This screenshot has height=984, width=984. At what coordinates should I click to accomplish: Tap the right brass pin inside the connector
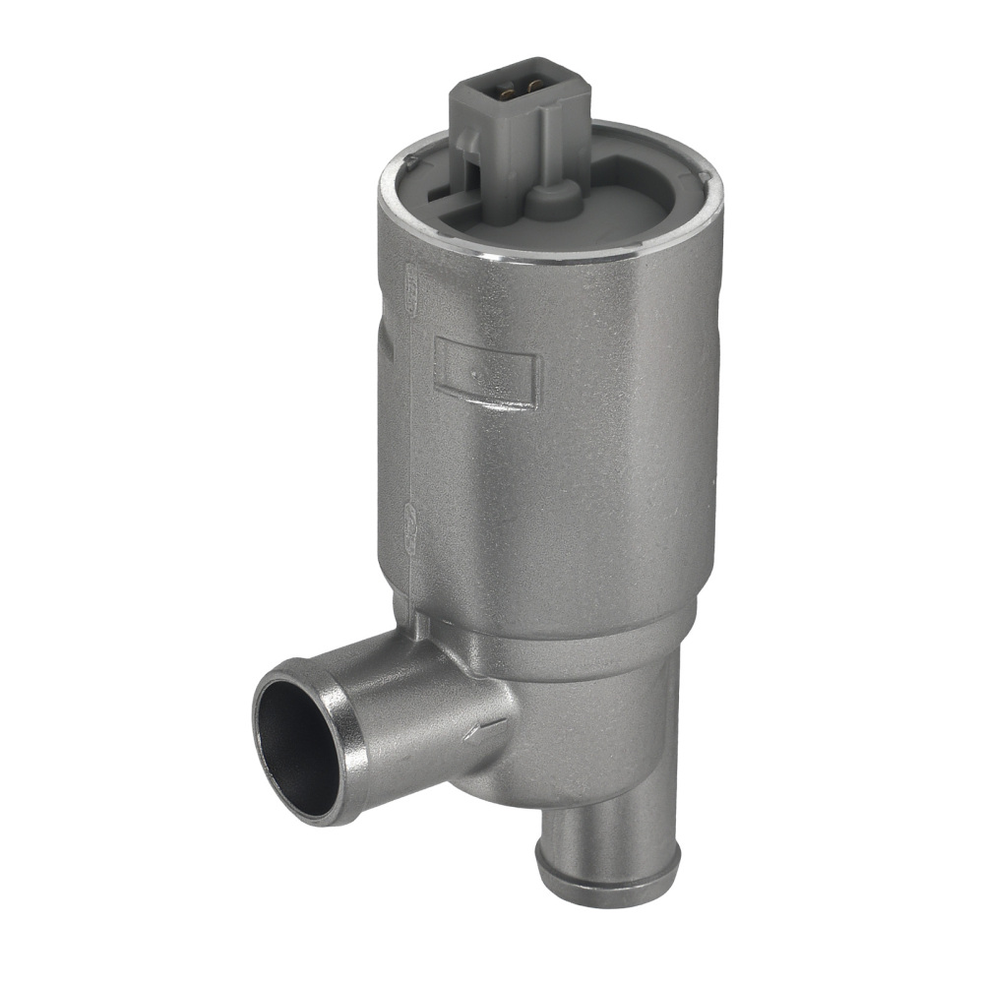(534, 88)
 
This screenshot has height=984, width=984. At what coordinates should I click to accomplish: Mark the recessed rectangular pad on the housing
(488, 371)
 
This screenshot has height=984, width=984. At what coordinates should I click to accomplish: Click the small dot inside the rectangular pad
(476, 374)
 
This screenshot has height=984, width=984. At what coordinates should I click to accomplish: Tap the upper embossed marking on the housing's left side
(410, 285)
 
